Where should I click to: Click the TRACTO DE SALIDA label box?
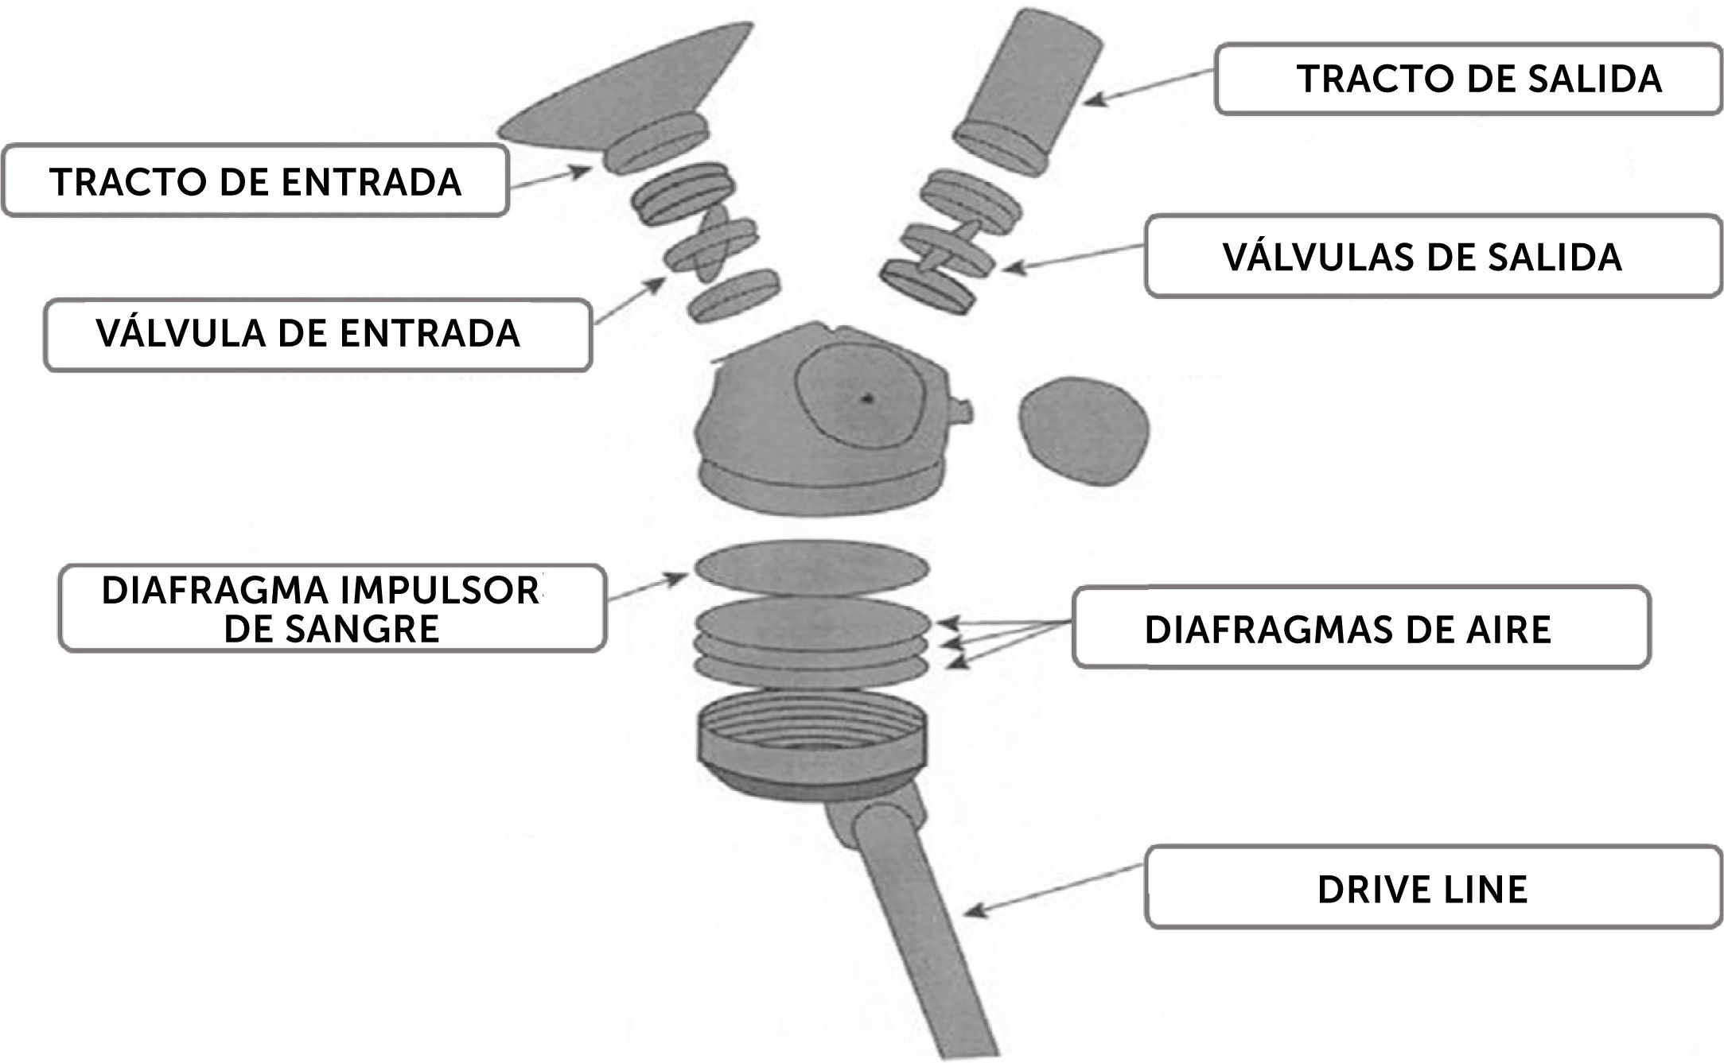pos(1468,80)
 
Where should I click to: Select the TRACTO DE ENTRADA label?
pos(255,181)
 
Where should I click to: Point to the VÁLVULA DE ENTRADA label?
pos(317,334)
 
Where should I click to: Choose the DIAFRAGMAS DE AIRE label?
pos(1360,629)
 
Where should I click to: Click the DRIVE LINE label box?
pos(1432,888)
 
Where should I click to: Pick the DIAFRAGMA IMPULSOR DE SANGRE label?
pos(331,609)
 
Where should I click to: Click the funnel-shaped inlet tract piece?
pos(629,95)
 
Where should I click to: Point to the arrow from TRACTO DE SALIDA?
pos(1150,86)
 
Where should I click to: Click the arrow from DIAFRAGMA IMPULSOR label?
pos(646,588)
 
